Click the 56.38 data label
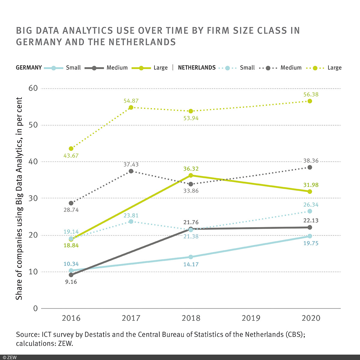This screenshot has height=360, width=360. click(x=311, y=94)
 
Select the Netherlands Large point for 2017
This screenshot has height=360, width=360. click(x=131, y=107)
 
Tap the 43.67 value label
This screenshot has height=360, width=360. click(x=71, y=156)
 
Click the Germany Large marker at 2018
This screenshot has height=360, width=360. click(x=191, y=175)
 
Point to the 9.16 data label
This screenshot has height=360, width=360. click(x=71, y=282)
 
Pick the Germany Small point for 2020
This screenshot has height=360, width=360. click(x=310, y=236)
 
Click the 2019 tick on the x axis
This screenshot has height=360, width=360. click(x=251, y=318)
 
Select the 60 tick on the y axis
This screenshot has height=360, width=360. click(x=33, y=88)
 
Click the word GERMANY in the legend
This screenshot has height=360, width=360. click(x=29, y=67)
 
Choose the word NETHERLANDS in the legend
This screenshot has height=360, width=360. click(x=197, y=67)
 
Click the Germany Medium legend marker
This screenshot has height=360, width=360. click(x=94, y=68)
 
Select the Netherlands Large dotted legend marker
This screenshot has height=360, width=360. click(x=315, y=68)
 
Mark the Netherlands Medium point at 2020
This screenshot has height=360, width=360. click(x=310, y=167)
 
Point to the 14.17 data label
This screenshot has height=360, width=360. click(x=191, y=265)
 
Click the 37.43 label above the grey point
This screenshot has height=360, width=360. click(x=131, y=165)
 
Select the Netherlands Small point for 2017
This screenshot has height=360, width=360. click(x=131, y=221)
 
